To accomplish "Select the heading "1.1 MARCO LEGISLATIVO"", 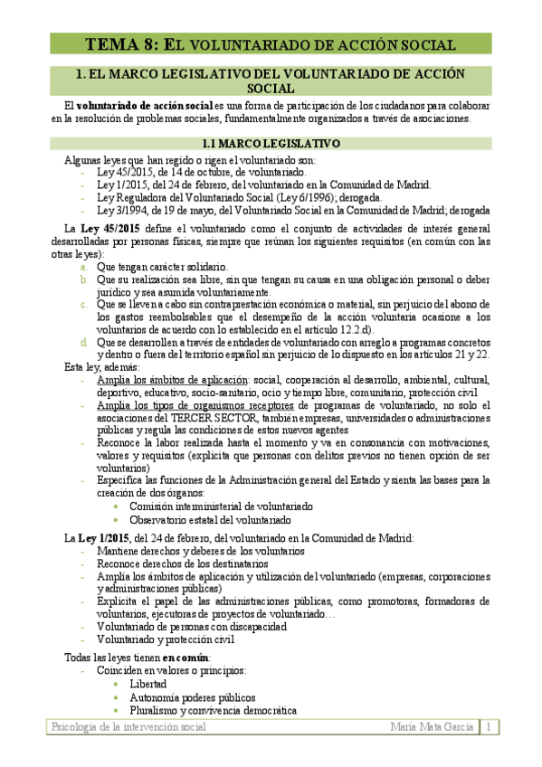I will (x=271, y=143).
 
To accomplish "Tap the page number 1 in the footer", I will (x=488, y=727).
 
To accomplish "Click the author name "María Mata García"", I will (x=433, y=727).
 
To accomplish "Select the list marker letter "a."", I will (x=83, y=268).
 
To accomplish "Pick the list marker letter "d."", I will (x=83, y=343).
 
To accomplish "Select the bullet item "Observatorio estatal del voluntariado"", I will (x=210, y=520).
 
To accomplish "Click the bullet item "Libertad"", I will (x=147, y=684).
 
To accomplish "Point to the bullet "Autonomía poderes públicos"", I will (x=192, y=697).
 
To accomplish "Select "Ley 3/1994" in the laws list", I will (x=126, y=210).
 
